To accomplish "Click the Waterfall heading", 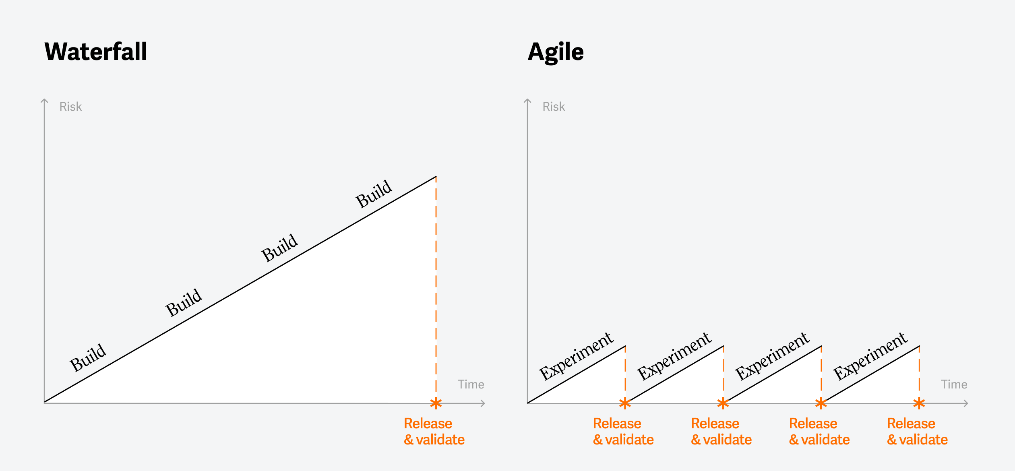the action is (x=96, y=52).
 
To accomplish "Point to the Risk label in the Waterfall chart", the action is (x=70, y=107).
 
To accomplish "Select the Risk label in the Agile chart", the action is (x=554, y=107).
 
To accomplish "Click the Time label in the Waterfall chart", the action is (x=471, y=384).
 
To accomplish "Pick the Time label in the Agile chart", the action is (x=954, y=384).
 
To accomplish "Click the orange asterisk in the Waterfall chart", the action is (x=436, y=403).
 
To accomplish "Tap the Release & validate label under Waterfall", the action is (x=434, y=432).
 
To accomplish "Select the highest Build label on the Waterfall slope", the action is (x=374, y=194).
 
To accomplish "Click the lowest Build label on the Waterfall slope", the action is (x=88, y=358).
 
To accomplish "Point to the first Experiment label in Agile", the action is (x=576, y=356).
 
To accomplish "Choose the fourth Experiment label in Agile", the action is (x=870, y=356).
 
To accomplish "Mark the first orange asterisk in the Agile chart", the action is (x=625, y=403).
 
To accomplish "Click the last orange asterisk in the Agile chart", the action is (x=919, y=403).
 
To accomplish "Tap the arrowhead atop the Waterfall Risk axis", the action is (x=44, y=101).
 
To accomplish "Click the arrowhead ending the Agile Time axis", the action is (x=966, y=403).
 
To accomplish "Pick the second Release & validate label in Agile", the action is (x=721, y=432).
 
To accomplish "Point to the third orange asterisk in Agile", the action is (x=821, y=403).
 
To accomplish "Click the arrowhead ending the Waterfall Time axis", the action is (x=483, y=403).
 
